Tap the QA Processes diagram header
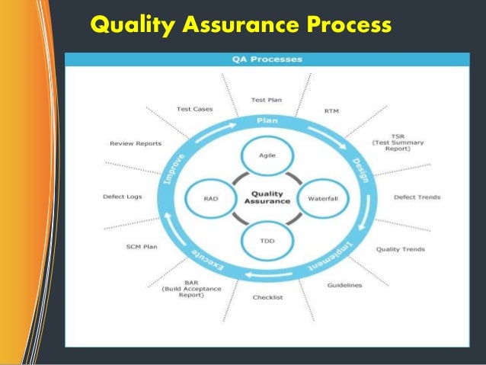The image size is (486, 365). [x=267, y=59]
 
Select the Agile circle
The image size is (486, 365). [x=267, y=155]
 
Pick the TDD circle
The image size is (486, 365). [x=267, y=241]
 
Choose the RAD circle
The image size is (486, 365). [x=211, y=198]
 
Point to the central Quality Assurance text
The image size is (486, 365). [x=267, y=197]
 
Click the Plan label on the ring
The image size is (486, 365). [x=267, y=120]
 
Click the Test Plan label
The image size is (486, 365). [x=267, y=99]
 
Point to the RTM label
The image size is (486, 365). [x=331, y=110]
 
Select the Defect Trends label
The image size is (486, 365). [x=417, y=197]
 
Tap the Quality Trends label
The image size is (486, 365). [x=400, y=249]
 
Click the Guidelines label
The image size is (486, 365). [x=344, y=285]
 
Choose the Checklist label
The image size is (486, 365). [x=267, y=297]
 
